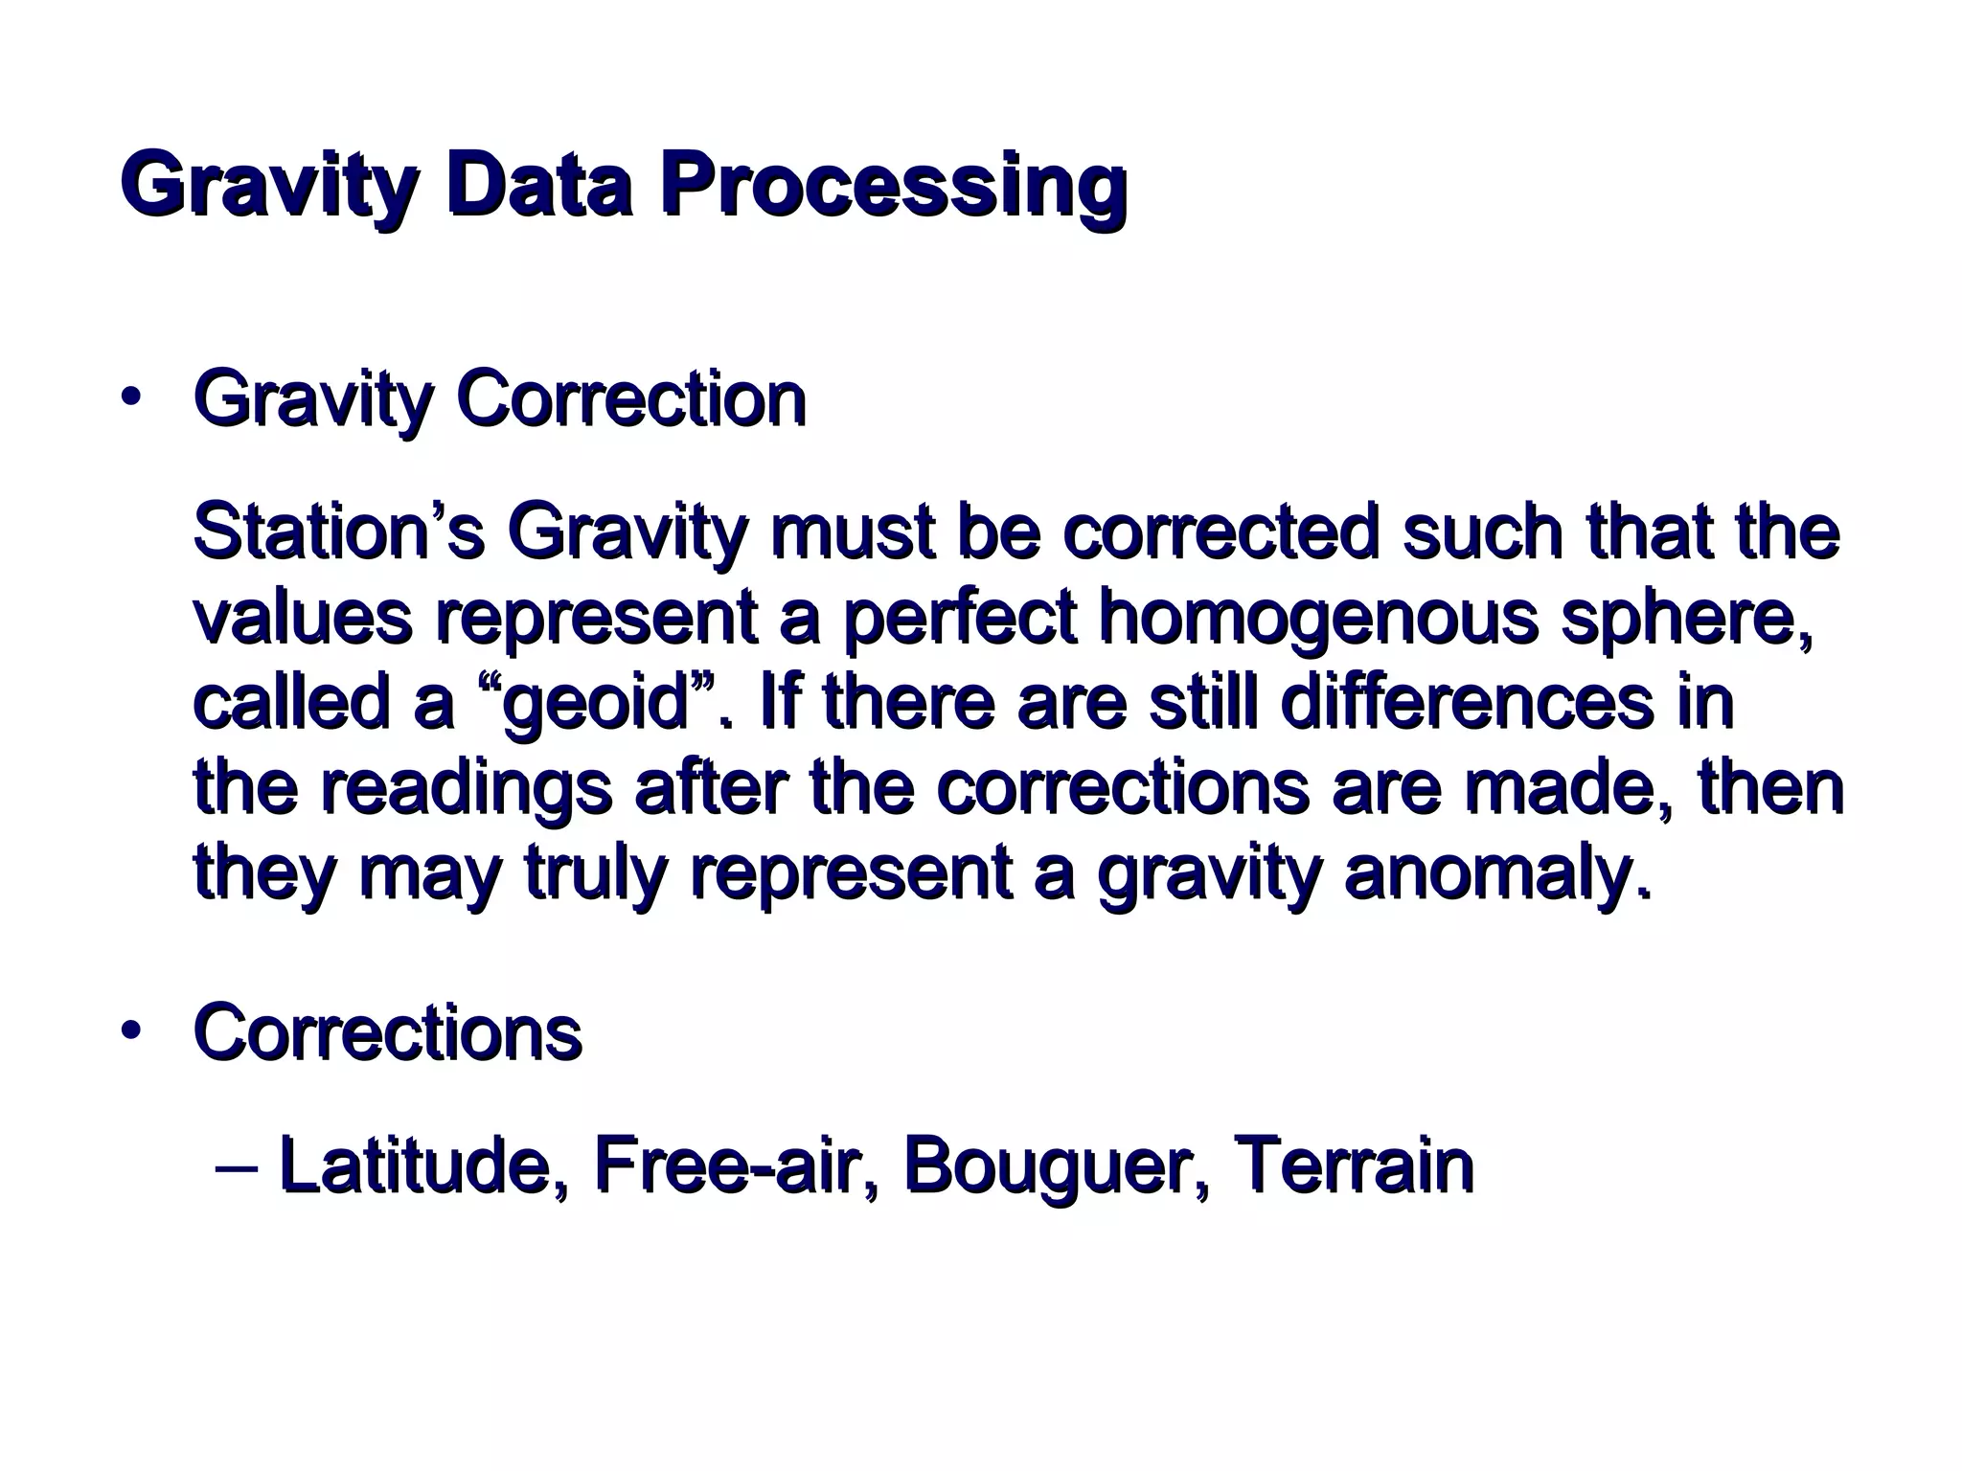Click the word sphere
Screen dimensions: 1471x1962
click(x=1687, y=618)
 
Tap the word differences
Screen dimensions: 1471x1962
click(x=1466, y=702)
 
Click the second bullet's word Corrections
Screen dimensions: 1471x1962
click(x=387, y=1033)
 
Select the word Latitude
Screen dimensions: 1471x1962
click(x=422, y=1165)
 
